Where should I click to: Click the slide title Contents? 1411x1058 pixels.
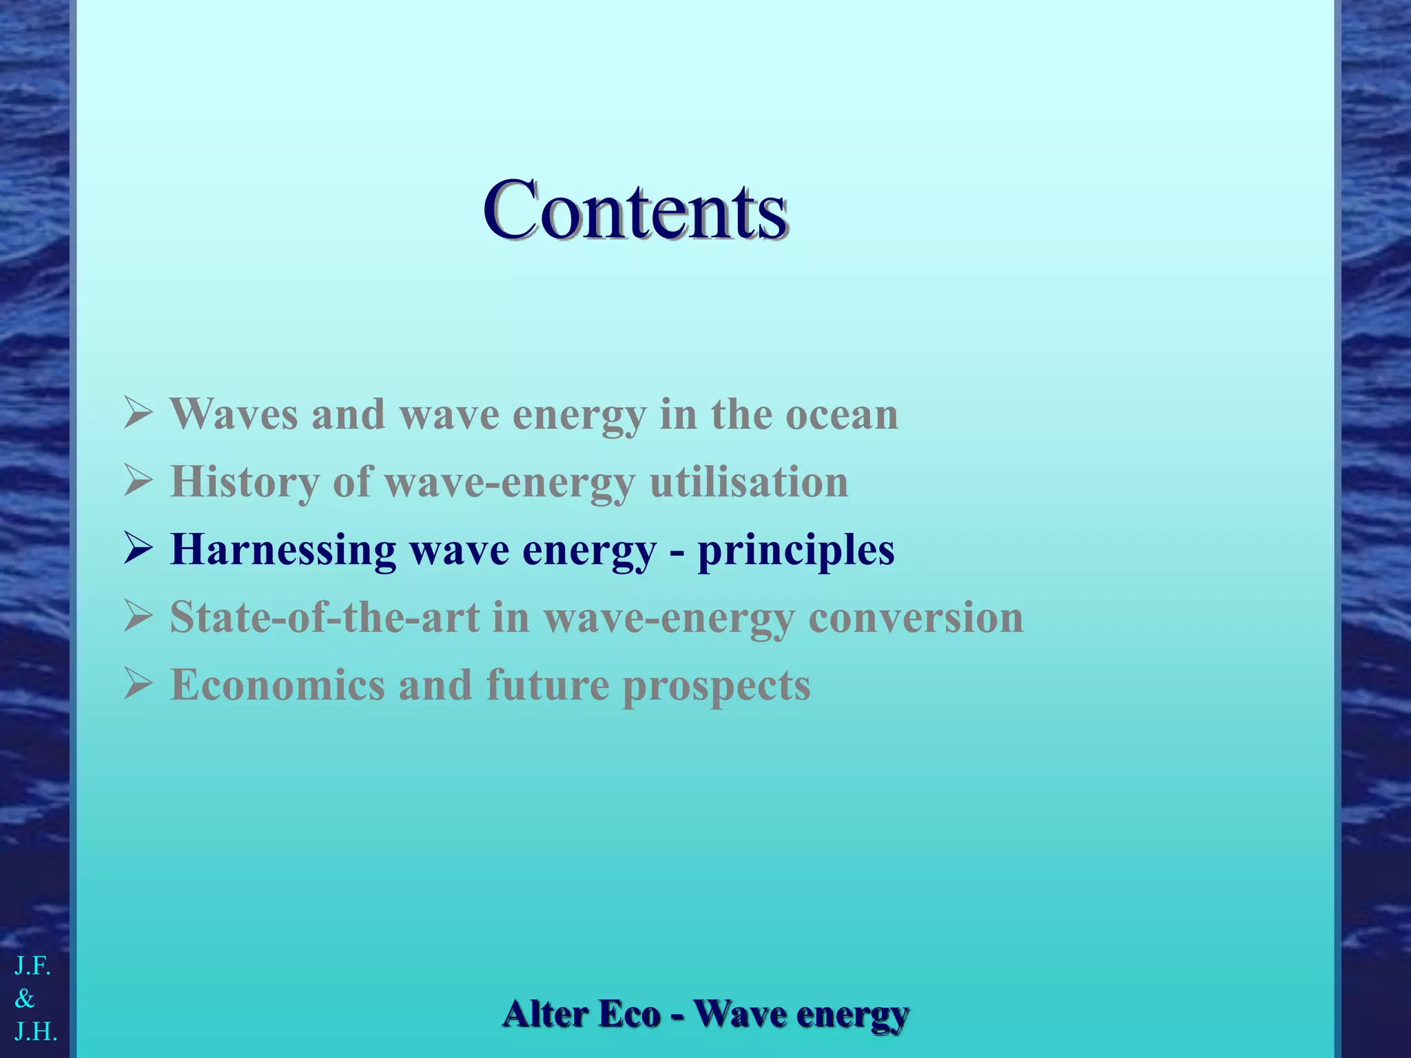point(635,210)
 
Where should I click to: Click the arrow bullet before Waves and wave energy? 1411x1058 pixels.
point(138,413)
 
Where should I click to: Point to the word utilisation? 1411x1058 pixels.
point(749,481)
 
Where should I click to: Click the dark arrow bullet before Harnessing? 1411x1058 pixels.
point(138,549)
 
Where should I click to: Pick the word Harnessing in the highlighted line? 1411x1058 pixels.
point(283,550)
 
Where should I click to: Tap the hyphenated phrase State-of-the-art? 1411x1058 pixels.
point(325,617)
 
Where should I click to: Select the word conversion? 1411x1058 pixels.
point(916,617)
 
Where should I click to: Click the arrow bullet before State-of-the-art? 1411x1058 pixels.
point(138,616)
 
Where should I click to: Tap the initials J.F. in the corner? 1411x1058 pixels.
point(32,966)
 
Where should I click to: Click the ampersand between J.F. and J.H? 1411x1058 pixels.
point(24,998)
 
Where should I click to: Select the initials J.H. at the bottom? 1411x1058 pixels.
point(35,1031)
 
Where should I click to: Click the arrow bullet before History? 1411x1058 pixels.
point(138,481)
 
